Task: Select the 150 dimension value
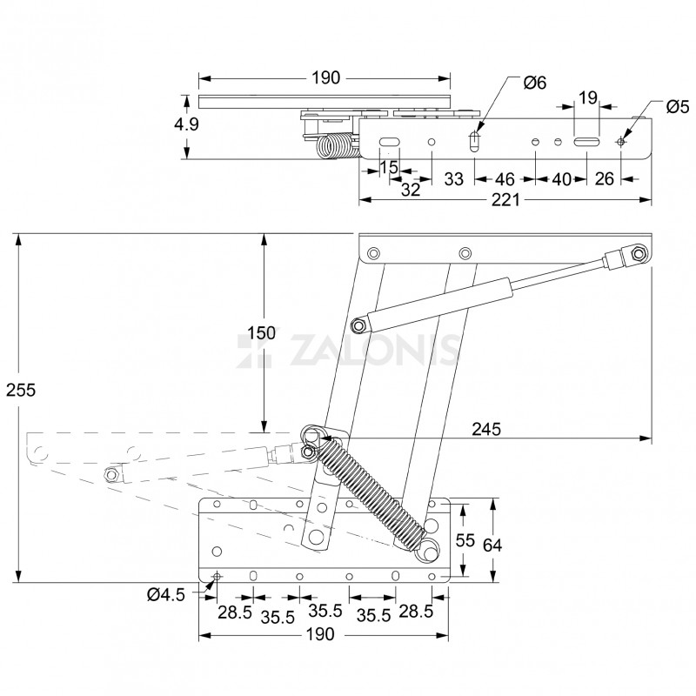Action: pos(261,333)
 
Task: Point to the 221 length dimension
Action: pos(505,200)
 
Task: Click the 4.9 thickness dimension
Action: pos(185,124)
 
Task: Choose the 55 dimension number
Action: pos(465,540)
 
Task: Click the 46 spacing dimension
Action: pos(504,179)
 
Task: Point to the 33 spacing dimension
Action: pos(453,179)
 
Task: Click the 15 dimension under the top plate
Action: pos(388,165)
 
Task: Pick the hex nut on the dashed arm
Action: pos(110,474)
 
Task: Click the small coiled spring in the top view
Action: pos(333,147)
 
